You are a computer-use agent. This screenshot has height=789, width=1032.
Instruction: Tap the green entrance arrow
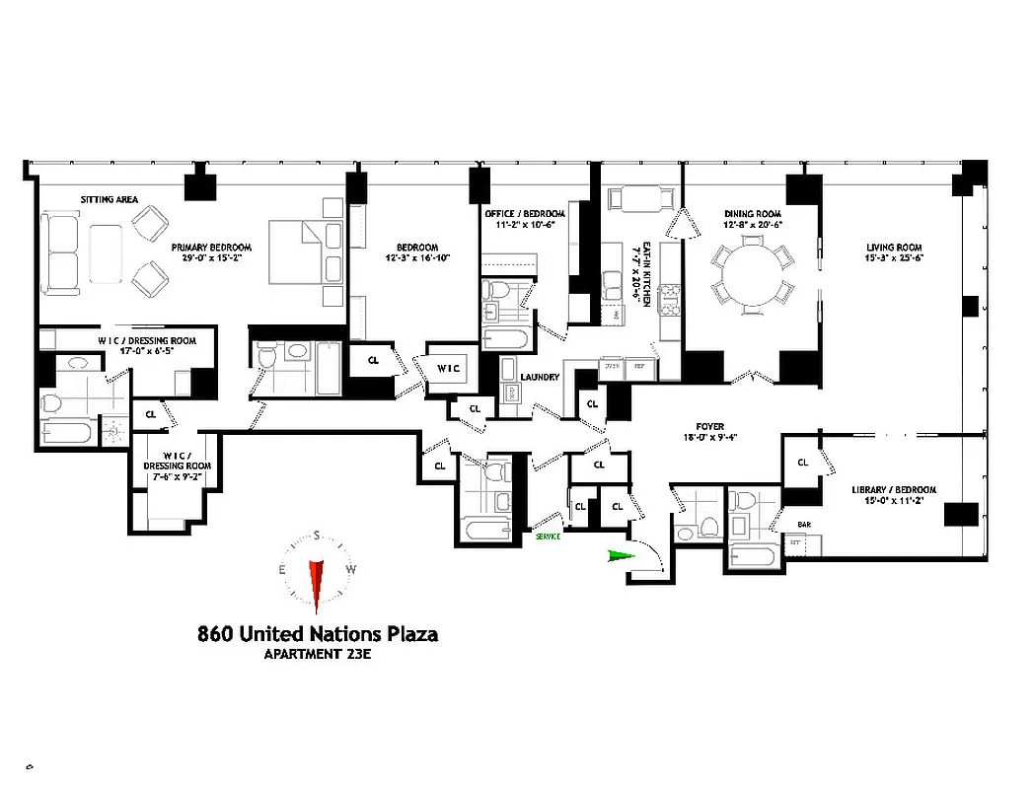click(618, 557)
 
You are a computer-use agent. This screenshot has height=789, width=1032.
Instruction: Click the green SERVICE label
click(548, 536)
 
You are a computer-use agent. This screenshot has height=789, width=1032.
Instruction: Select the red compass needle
click(317, 582)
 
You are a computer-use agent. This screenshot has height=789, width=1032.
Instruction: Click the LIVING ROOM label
click(894, 247)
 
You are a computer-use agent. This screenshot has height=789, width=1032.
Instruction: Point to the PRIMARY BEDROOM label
click(211, 247)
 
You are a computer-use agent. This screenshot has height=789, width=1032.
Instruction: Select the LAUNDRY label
click(541, 377)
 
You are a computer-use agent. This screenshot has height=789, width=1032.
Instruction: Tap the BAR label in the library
click(804, 526)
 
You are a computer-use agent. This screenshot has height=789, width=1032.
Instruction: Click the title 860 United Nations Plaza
click(318, 633)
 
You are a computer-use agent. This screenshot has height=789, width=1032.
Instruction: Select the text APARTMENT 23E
click(318, 654)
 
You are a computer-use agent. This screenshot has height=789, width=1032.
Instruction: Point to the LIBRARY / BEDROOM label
click(894, 490)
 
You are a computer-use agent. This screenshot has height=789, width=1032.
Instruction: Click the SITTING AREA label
click(109, 199)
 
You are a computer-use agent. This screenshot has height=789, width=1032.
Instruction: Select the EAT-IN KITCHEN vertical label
click(645, 274)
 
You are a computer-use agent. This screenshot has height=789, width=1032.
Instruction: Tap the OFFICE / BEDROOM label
click(525, 213)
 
